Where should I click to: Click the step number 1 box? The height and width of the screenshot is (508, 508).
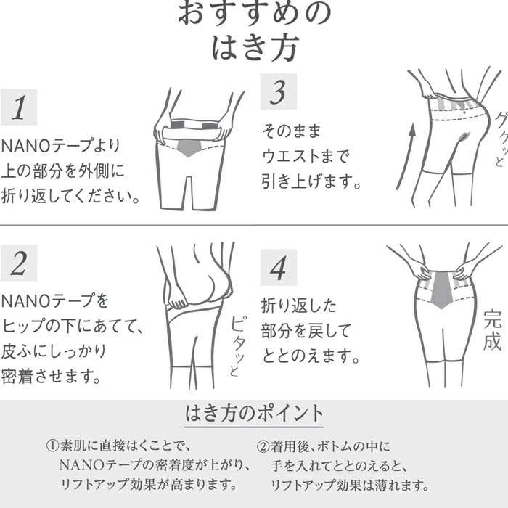pyautogui.click(x=19, y=107)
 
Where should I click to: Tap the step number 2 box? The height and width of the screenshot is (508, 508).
pyautogui.click(x=19, y=263)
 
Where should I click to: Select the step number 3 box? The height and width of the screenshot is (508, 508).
pyautogui.click(x=279, y=92)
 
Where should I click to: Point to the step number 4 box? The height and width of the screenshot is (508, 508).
pyautogui.click(x=279, y=268)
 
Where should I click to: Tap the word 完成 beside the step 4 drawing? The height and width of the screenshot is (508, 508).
pyautogui.click(x=493, y=330)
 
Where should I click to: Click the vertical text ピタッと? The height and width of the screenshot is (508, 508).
pyautogui.click(x=237, y=346)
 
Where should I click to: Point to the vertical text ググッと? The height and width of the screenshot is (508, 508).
pyautogui.click(x=501, y=139)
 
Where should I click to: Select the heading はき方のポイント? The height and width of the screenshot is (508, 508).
pyautogui.click(x=254, y=413)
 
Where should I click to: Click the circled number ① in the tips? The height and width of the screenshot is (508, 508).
pyautogui.click(x=52, y=446)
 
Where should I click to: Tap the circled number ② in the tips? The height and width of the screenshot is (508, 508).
pyautogui.click(x=263, y=446)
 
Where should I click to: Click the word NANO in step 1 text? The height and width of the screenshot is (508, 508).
pyautogui.click(x=26, y=146)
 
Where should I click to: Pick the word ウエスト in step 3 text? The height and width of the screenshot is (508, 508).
pyautogui.click(x=291, y=156)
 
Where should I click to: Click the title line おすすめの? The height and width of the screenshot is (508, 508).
pyautogui.click(x=254, y=14)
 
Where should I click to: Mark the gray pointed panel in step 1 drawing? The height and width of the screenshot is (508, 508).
pyautogui.click(x=189, y=148)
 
